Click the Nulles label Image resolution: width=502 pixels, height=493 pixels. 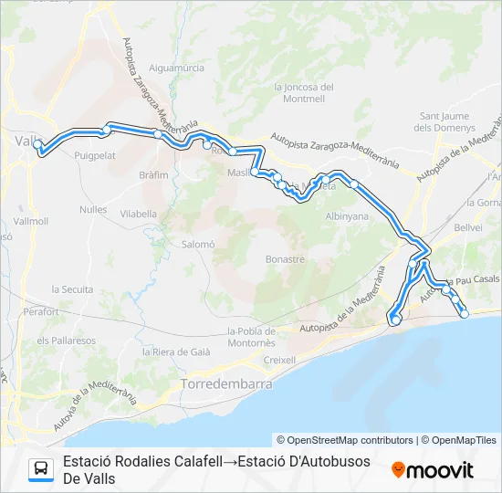93,209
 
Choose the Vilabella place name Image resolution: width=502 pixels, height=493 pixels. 139,213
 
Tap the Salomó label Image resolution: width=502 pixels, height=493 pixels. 197,244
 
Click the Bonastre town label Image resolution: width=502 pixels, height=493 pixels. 284,259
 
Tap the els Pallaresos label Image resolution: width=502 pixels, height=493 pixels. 66,340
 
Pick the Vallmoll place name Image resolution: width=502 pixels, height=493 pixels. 31,221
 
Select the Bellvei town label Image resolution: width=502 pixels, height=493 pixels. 468,226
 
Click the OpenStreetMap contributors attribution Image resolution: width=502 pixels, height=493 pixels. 344,440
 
